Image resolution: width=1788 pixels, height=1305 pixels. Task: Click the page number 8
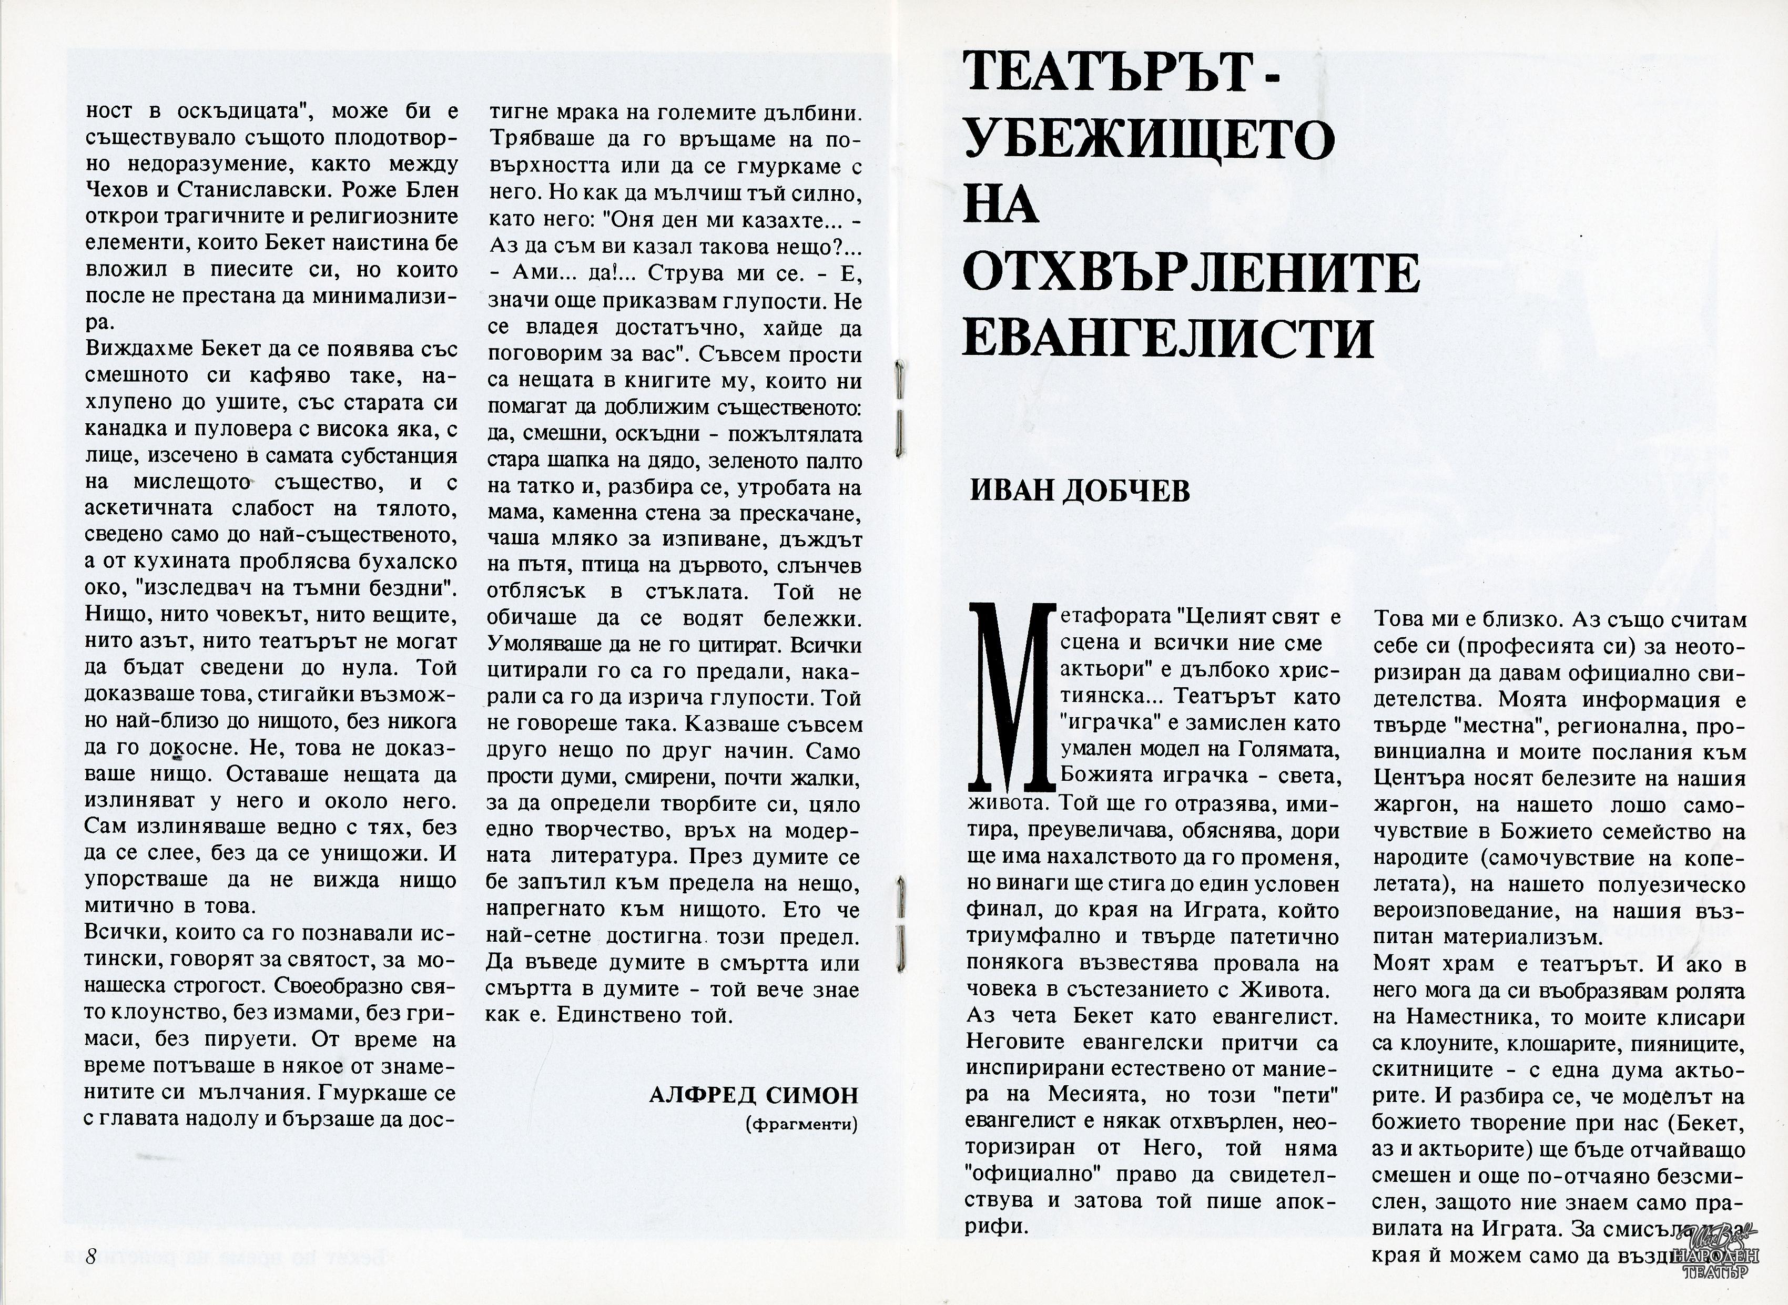click(91, 1257)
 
